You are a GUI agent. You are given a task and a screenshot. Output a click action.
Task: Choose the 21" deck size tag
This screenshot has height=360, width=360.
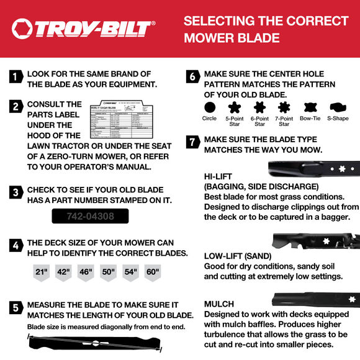coord(42,272)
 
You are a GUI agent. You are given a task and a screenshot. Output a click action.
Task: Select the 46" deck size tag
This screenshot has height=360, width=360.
coord(86,272)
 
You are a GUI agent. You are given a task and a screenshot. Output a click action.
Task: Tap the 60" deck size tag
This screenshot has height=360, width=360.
coord(152,272)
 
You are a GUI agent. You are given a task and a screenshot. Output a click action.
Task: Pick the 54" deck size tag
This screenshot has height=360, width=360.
coord(130,272)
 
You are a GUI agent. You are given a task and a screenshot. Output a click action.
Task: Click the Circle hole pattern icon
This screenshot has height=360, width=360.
coord(209,107)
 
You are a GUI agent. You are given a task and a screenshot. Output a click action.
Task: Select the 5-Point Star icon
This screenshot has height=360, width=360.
coord(234,107)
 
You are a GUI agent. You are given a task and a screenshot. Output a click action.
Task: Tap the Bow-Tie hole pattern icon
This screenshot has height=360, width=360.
coord(309,107)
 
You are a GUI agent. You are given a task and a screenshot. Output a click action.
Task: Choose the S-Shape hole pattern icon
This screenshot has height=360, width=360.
coord(338,107)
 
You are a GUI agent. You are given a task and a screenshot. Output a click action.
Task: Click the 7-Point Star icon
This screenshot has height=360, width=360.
coord(284,107)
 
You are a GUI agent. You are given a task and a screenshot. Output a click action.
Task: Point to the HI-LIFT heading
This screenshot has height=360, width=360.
coord(218,176)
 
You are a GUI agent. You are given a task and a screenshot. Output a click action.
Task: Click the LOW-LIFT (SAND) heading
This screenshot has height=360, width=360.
coord(240,256)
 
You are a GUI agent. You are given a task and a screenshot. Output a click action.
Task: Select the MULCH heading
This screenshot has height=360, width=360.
coord(219,304)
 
